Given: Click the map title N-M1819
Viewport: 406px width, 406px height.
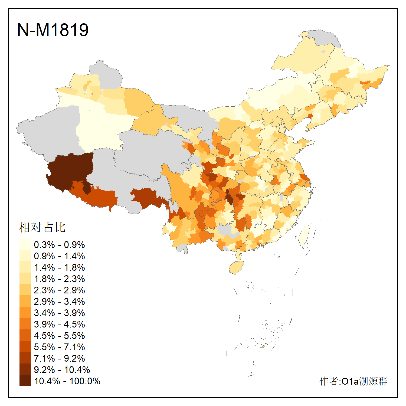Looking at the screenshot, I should tap(53, 30).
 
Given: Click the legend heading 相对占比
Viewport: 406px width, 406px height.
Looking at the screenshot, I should tap(42, 227).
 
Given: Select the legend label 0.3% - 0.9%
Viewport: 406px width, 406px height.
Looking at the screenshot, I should tap(59, 245).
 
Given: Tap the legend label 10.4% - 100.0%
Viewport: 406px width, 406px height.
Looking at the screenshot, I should tap(67, 381).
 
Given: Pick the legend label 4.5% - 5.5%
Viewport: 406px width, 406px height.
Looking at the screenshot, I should tap(59, 336).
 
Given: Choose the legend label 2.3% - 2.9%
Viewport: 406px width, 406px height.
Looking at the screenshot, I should tap(59, 290).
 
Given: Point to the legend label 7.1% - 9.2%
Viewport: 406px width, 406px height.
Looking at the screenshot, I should tap(59, 358).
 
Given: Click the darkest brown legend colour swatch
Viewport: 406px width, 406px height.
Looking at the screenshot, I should tap(25, 381).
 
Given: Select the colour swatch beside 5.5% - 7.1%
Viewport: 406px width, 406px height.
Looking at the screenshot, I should tap(25, 347).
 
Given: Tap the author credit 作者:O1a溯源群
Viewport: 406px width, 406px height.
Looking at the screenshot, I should tap(353, 381).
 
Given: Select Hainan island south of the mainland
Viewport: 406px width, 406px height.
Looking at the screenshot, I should tap(236, 267).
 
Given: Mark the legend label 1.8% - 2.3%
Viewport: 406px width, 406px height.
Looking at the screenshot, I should tap(59, 279).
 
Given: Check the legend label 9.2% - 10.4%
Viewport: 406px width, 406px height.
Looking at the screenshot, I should tap(62, 370).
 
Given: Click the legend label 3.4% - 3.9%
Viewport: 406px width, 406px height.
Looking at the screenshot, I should tap(59, 313).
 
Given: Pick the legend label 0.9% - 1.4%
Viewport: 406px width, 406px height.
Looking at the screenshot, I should tap(59, 256).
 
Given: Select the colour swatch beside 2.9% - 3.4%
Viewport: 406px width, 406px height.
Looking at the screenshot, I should tap(25, 301).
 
